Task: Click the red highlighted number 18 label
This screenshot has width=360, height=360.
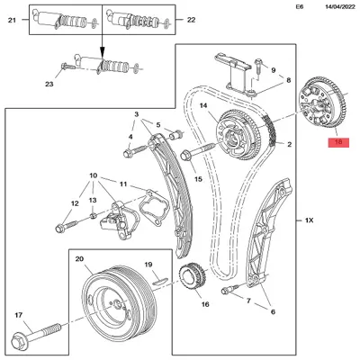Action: [x=338, y=142]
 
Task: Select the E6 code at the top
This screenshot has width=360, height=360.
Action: [x=300, y=6]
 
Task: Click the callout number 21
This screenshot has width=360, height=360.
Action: [x=12, y=21]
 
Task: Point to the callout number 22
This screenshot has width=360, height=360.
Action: [x=191, y=20]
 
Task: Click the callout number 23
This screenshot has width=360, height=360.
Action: [x=49, y=85]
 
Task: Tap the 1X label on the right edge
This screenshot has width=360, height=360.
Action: [x=309, y=220]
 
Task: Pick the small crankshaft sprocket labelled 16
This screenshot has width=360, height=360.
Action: [x=192, y=276]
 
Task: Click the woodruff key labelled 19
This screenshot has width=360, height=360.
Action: [x=160, y=281]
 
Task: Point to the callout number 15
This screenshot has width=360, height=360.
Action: [x=198, y=179]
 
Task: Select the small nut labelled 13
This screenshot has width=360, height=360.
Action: [x=93, y=215]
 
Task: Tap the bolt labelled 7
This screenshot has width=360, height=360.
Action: [x=229, y=289]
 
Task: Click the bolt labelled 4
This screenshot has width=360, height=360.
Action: [x=135, y=151]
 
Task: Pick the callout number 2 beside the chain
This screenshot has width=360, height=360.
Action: [x=289, y=145]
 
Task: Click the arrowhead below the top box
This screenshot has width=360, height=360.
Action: [x=103, y=52]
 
